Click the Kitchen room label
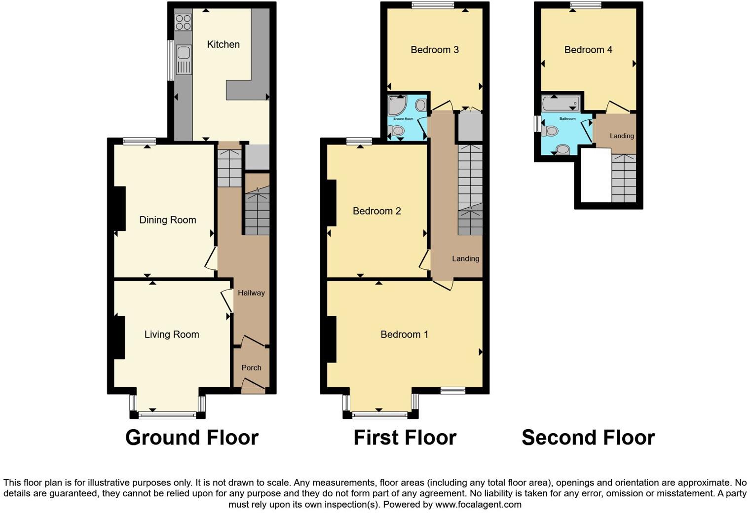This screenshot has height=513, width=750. tap(223, 44)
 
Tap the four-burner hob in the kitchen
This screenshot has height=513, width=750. tap(184, 22)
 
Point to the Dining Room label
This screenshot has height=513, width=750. tap(168, 220)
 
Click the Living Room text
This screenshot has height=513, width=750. tap(172, 334)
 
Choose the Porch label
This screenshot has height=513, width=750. tap(251, 368)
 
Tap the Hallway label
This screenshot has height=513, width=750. tap(251, 293)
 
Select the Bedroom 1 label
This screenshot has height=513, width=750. tap(404, 334)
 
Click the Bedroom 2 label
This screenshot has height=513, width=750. tap(376, 211)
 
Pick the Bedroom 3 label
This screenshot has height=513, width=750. tap(435, 50)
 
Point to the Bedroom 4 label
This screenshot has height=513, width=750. tap(588, 50)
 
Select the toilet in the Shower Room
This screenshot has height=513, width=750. tap(397, 131)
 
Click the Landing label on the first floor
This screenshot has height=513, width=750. tap(465, 258)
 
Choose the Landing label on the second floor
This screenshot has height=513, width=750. tap(622, 136)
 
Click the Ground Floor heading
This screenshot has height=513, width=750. tap(192, 438)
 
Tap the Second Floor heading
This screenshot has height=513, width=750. tap(588, 438)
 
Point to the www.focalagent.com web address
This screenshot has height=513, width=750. tap(478, 505)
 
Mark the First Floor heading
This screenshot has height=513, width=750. tap(405, 438)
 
